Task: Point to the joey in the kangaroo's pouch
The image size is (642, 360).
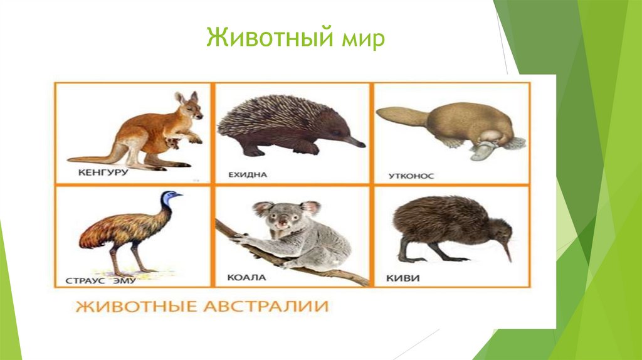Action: tap(171, 142)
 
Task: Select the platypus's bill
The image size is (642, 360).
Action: tap(482, 151)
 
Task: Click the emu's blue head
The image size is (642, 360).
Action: tap(170, 198)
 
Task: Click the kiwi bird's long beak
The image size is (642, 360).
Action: tap(507, 251)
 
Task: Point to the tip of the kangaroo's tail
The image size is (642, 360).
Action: tap(70, 160)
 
